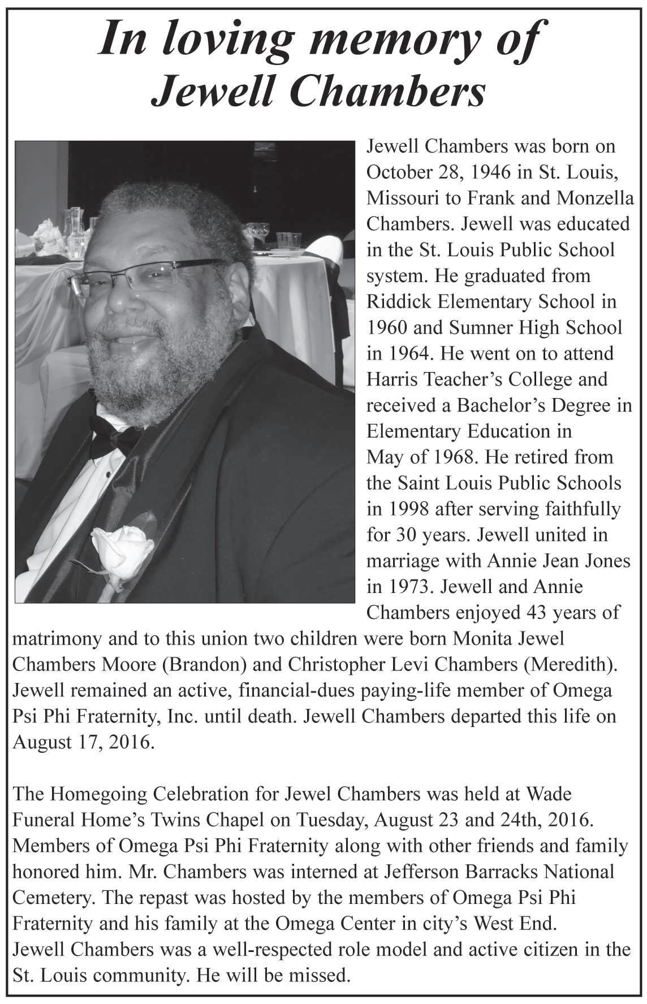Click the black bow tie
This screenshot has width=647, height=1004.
[113, 435]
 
